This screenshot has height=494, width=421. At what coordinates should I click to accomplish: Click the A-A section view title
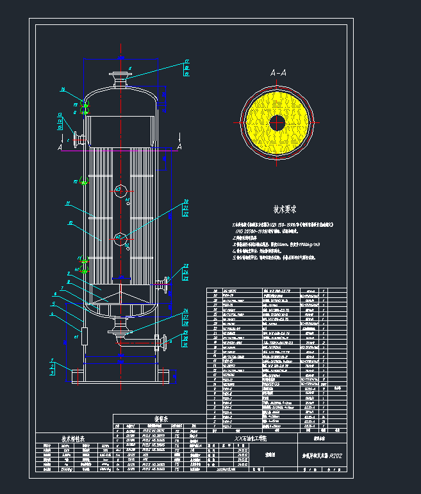coord(278,74)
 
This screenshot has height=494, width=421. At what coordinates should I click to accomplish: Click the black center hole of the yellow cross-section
coord(277,122)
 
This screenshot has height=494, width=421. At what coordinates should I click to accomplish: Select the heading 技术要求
coord(284,210)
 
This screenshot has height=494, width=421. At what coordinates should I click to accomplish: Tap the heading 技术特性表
coord(77,439)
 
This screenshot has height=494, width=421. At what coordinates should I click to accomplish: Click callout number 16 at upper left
coord(63,89)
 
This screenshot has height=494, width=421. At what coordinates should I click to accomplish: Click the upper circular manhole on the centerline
coord(120,188)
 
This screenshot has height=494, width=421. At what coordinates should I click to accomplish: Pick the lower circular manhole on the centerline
coord(120,238)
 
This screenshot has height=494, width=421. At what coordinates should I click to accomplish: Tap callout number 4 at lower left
coord(51,315)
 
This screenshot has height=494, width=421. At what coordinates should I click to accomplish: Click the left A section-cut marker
coord(60,147)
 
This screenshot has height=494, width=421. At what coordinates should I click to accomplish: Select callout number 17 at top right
coord(186,62)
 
